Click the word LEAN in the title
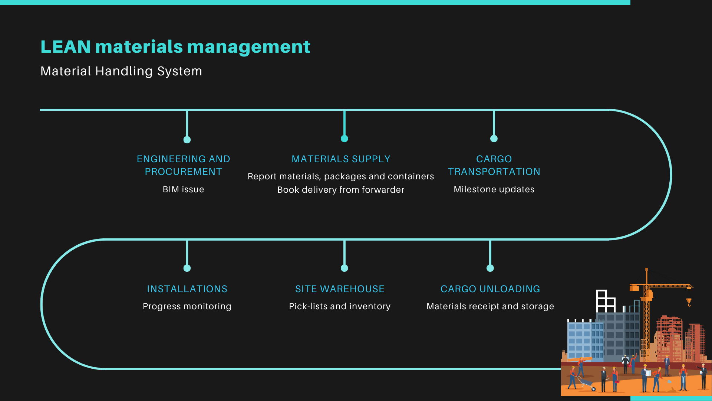66,47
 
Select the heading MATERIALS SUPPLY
341,159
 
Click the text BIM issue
183,189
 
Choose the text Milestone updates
494,189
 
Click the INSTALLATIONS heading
187,289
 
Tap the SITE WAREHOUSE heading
340,289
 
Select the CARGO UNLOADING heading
490,289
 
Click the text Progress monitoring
187,306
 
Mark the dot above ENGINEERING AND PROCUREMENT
187,140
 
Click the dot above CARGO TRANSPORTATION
494,138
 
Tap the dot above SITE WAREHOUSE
345,268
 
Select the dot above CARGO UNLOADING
490,268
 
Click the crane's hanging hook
689,303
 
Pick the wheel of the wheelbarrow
594,389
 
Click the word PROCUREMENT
183,172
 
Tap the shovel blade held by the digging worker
669,381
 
